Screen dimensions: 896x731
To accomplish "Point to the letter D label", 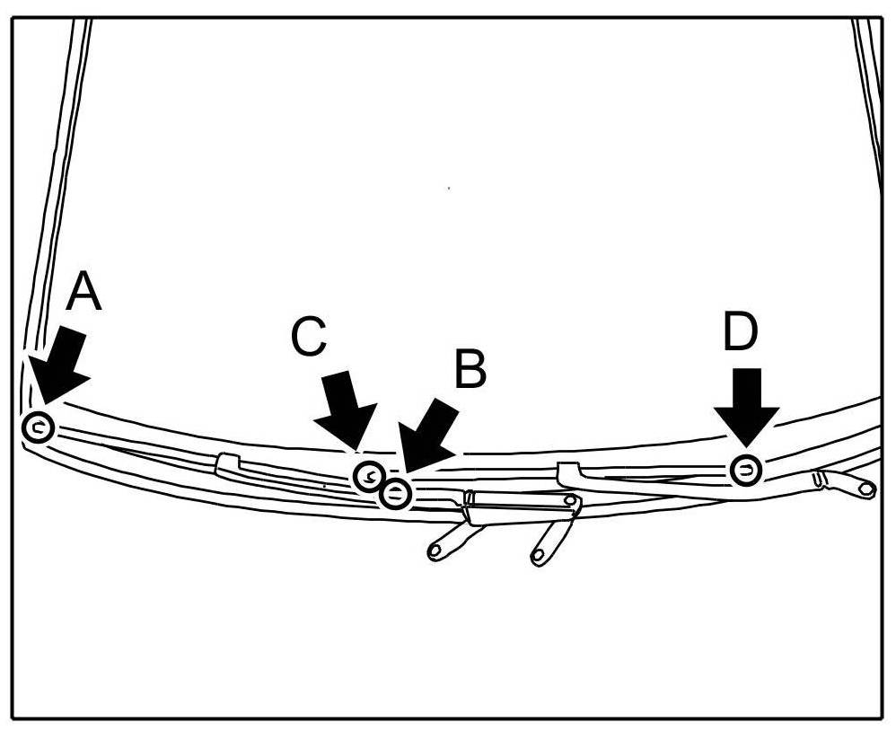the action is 740,332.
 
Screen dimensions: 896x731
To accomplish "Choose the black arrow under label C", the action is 345,409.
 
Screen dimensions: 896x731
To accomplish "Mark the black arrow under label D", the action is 746,404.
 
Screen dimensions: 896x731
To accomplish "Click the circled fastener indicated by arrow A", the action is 38,427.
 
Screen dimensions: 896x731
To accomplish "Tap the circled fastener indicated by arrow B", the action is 396,493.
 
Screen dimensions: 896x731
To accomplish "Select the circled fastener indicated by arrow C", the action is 368,475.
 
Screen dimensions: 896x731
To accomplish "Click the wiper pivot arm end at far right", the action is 865,489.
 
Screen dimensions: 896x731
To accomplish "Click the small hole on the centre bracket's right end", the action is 568,501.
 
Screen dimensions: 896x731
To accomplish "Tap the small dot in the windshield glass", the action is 448,188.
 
